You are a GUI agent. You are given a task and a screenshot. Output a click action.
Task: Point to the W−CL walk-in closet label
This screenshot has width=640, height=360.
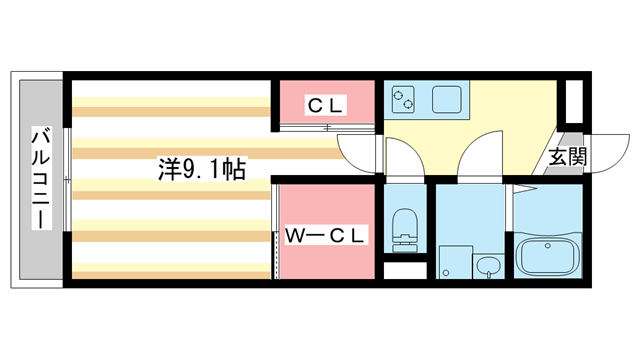pyautogui.click(x=327, y=236)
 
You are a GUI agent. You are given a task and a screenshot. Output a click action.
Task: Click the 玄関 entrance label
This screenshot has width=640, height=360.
pyautogui.click(x=567, y=157)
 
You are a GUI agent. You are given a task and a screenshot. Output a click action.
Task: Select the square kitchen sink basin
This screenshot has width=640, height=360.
pyautogui.click(x=446, y=99)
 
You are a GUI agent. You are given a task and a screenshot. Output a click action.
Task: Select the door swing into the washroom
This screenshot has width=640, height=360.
pyautogui.click(x=482, y=158)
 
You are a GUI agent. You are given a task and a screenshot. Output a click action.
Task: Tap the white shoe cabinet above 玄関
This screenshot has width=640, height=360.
pyautogui.click(x=574, y=100)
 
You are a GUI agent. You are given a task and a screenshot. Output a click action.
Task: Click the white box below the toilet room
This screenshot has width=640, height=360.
pyautogui.click(x=404, y=270)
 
